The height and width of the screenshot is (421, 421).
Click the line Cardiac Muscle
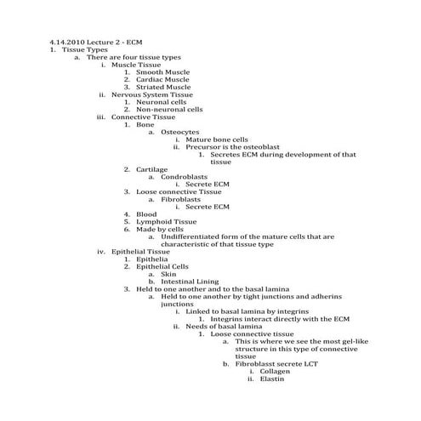(162, 79)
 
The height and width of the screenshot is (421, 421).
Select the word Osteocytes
(180, 132)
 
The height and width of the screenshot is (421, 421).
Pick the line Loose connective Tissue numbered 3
(179, 191)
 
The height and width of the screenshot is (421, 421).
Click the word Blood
(146, 213)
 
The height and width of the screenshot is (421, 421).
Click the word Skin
(168, 274)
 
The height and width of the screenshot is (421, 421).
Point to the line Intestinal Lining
(190, 282)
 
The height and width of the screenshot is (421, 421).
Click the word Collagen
(276, 371)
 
